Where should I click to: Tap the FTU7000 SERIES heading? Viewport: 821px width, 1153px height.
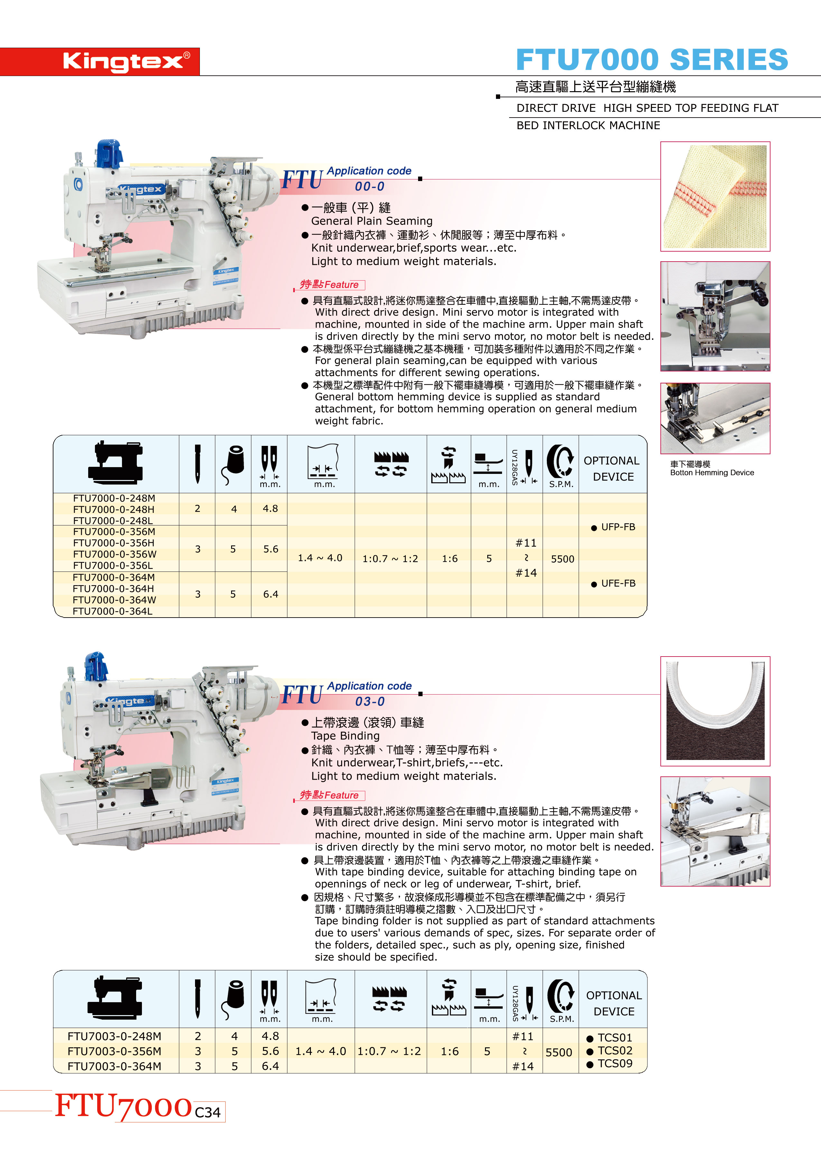(652, 60)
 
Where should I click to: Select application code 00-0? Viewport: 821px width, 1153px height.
(369, 187)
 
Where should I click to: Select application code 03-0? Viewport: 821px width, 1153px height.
(369, 702)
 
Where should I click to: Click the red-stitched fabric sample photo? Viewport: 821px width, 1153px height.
(715, 196)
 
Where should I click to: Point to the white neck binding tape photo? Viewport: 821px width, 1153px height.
(715, 711)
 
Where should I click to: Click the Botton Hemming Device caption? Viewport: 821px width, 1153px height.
(712, 473)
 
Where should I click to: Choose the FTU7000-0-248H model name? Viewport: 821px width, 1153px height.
(114, 509)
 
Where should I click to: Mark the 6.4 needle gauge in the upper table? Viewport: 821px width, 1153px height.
(270, 594)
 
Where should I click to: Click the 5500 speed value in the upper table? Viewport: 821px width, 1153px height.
(562, 559)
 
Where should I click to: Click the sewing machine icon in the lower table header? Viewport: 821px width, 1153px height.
(115, 997)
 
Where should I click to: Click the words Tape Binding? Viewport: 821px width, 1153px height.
(345, 735)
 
